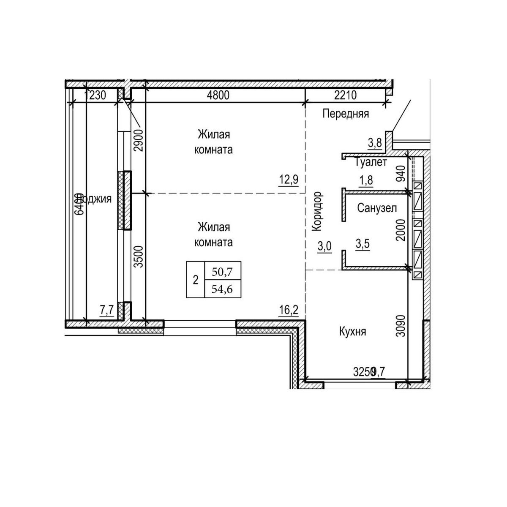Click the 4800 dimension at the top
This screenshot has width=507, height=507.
(x=219, y=95)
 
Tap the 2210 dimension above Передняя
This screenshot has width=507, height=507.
(x=345, y=95)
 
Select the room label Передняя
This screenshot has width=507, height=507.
(x=346, y=114)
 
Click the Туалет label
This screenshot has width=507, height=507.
(x=371, y=163)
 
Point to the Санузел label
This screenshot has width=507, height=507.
(x=377, y=208)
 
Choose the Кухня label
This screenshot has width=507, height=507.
(x=352, y=332)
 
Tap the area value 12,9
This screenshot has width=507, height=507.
(x=289, y=180)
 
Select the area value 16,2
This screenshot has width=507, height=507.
(x=289, y=311)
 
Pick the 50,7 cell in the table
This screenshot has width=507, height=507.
(x=223, y=272)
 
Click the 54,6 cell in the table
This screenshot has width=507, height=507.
(x=223, y=290)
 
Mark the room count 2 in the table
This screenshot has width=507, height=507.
(x=195, y=280)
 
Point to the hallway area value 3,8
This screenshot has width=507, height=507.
(x=375, y=143)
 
